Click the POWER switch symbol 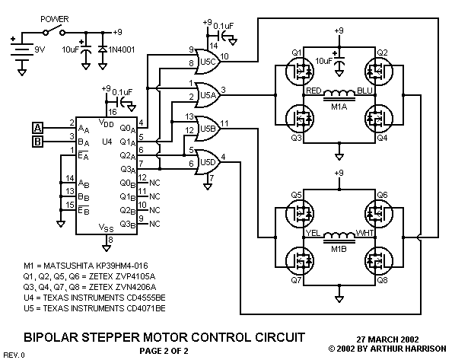click(53, 31)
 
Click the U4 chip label click(86, 142)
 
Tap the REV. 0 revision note click(14, 355)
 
